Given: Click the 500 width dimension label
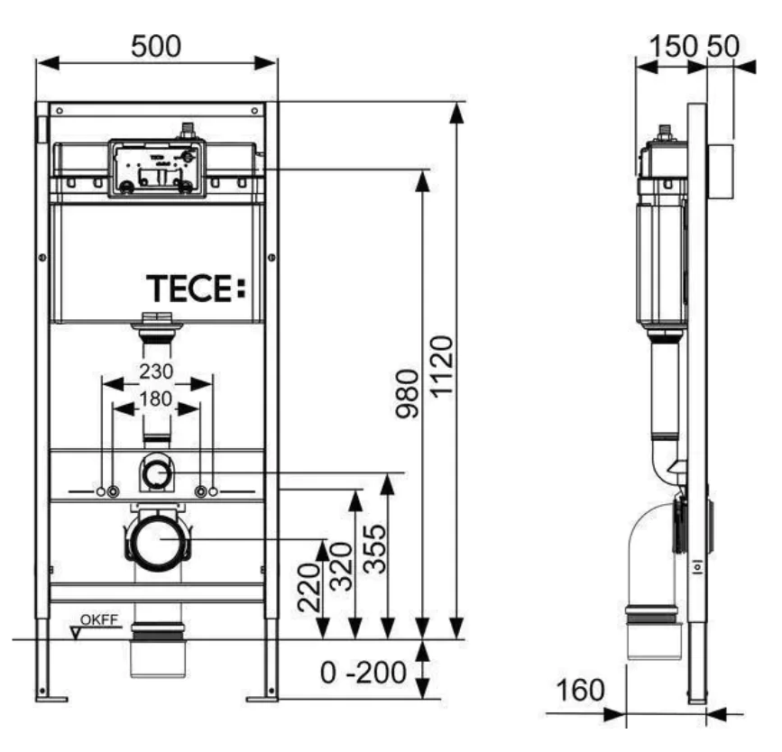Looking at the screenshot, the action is (x=156, y=46).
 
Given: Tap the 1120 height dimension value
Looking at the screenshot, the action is (x=442, y=367).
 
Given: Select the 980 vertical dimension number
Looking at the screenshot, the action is (x=407, y=393).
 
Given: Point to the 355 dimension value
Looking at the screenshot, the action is (x=374, y=548).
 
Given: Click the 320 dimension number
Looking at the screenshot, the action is (x=342, y=566).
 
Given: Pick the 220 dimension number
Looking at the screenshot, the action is (x=309, y=587).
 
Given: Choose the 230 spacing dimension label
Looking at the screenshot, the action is (x=156, y=371).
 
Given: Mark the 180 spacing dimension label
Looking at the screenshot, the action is (x=156, y=399).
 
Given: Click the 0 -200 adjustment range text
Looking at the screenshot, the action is (x=363, y=673).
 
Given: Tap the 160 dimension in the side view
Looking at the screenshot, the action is (x=580, y=690).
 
